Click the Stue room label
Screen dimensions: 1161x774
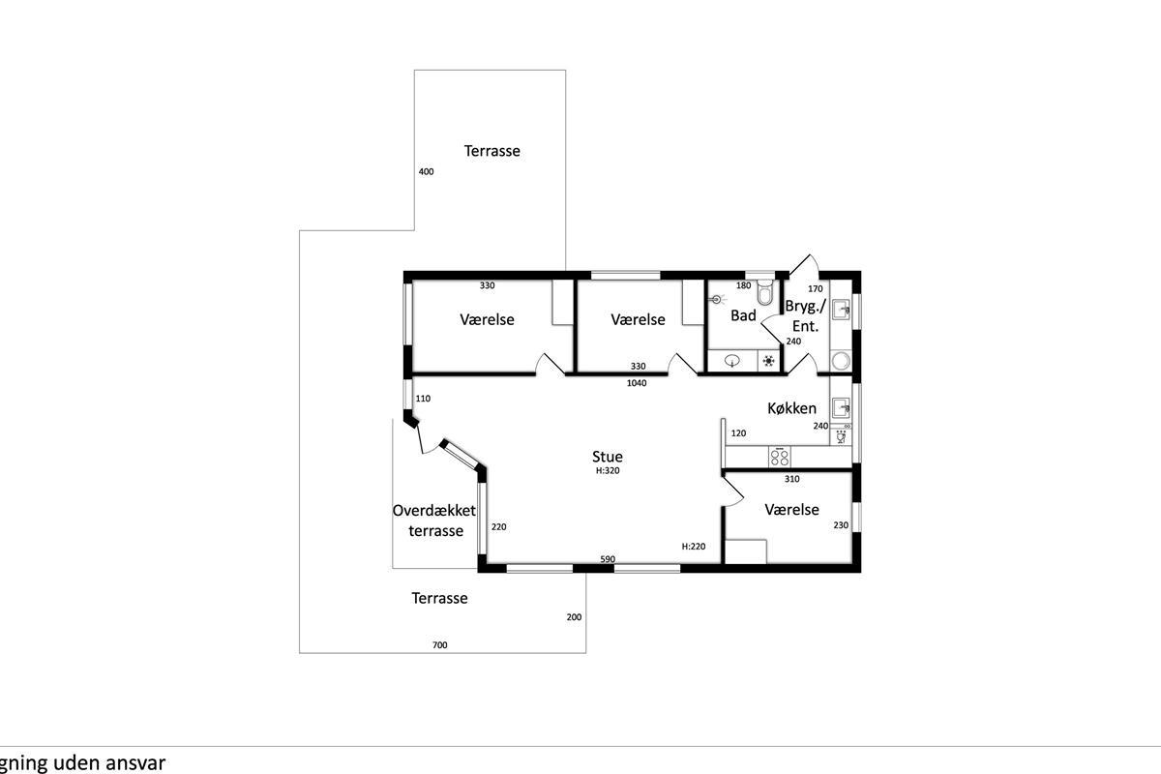tap(607, 457)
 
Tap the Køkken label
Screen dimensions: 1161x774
tap(791, 408)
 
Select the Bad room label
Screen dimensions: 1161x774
tap(743, 315)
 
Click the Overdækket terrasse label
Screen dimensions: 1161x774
tap(434, 521)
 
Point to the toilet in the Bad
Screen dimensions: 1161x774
tap(764, 292)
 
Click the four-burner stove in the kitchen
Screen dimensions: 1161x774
tap(780, 457)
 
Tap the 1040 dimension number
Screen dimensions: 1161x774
tap(637, 383)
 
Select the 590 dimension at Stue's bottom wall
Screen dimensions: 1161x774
tap(608, 559)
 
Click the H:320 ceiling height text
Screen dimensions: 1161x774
tap(608, 471)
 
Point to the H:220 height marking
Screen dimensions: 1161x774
tap(694, 546)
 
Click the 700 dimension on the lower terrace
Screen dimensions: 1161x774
tap(439, 645)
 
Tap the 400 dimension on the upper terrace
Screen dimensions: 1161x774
tap(426, 171)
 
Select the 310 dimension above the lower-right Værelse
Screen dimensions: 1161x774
tap(792, 479)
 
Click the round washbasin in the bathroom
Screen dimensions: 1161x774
tap(731, 360)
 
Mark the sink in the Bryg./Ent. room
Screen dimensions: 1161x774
tap(841, 310)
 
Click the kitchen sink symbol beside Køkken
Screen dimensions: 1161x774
tap(841, 407)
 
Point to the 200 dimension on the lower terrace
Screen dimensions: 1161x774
tap(574, 617)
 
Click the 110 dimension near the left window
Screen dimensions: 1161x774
tap(423, 399)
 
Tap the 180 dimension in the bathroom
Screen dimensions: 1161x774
tap(743, 285)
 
